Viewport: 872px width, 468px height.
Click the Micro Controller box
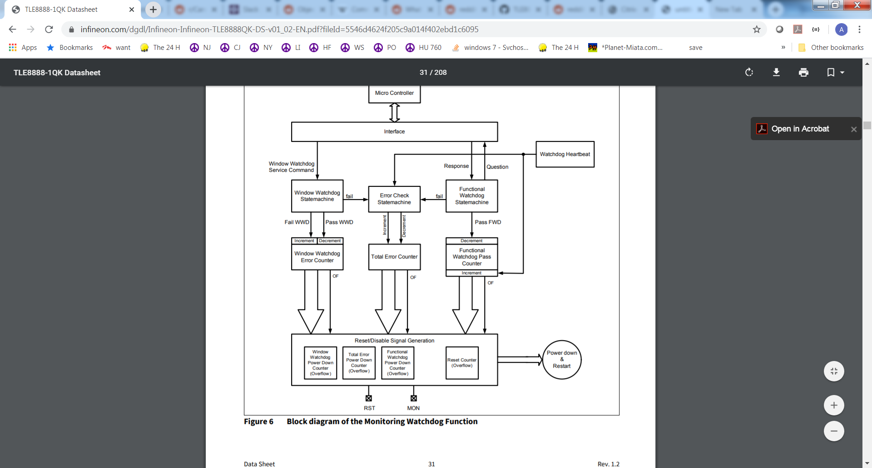tap(394, 93)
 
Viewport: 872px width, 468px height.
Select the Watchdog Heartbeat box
tap(565, 154)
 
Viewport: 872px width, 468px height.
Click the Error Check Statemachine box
tap(394, 199)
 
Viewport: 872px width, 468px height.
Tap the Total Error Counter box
tap(394, 257)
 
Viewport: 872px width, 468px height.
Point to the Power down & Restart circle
tap(562, 360)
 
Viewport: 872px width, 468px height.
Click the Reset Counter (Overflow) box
tap(462, 363)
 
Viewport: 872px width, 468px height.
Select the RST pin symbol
tap(369, 398)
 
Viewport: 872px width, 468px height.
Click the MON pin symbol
tap(414, 398)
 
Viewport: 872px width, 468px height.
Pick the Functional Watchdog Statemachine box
tap(472, 196)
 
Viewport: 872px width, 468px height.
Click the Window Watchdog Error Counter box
tap(317, 257)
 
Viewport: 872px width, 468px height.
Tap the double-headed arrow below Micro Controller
tap(395, 112)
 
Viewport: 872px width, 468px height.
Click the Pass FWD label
tap(488, 222)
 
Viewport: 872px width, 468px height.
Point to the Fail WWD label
tap(297, 222)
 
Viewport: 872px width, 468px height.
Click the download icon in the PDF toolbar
tap(776, 72)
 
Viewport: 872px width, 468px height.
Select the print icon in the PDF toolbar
tap(803, 72)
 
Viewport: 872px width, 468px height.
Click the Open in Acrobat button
tap(800, 129)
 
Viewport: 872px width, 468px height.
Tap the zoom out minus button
tap(834, 431)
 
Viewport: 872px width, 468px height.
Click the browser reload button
tap(49, 29)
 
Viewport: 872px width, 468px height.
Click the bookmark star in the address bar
tap(757, 29)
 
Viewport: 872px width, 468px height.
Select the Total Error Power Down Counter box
tap(359, 363)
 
